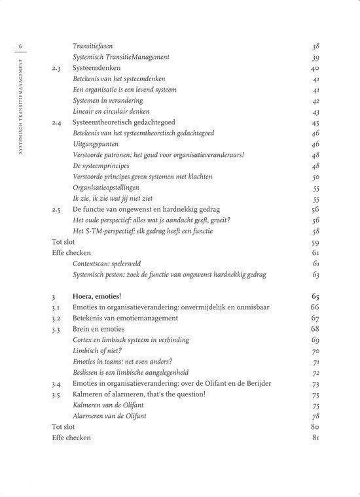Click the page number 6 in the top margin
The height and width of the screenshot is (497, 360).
(x=21, y=46)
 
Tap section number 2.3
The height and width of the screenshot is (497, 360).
(x=57, y=68)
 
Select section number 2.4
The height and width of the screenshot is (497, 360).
(x=57, y=122)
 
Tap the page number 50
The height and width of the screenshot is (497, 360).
(x=315, y=177)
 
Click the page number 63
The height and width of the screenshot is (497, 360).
(x=315, y=274)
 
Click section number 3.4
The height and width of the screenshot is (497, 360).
(x=57, y=383)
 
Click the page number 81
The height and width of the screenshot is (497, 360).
(x=315, y=437)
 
